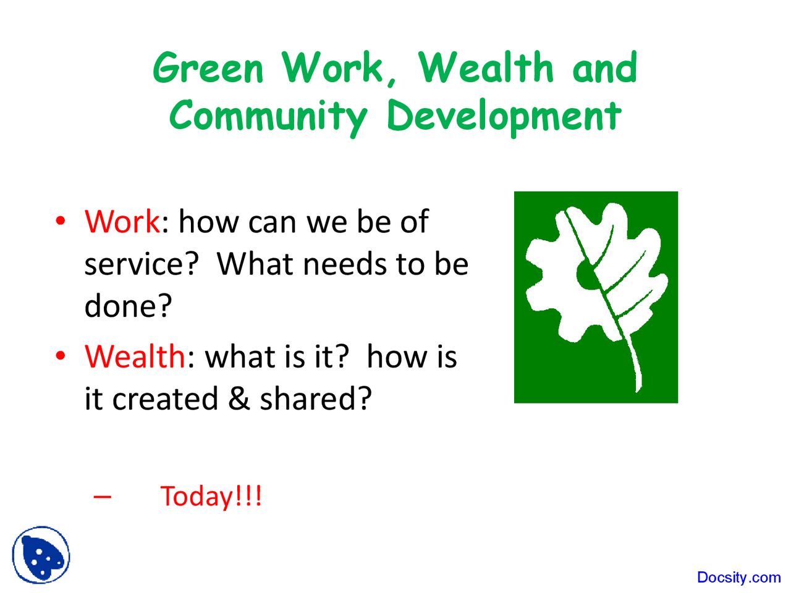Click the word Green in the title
point(208,67)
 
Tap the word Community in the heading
point(268,116)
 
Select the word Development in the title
point(504,116)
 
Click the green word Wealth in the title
point(485,67)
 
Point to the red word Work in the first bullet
point(122,221)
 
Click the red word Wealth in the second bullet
point(135,356)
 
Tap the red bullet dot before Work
point(61,221)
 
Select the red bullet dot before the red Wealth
point(61,355)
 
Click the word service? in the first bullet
point(142,264)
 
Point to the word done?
point(128,306)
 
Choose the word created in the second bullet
point(165,398)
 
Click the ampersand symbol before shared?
point(239,398)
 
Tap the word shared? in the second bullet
point(316,398)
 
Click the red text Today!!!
point(211,496)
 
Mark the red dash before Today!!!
point(103,497)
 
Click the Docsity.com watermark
point(738,577)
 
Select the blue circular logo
point(41,555)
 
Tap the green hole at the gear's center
point(588,275)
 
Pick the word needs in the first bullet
point(345,264)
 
